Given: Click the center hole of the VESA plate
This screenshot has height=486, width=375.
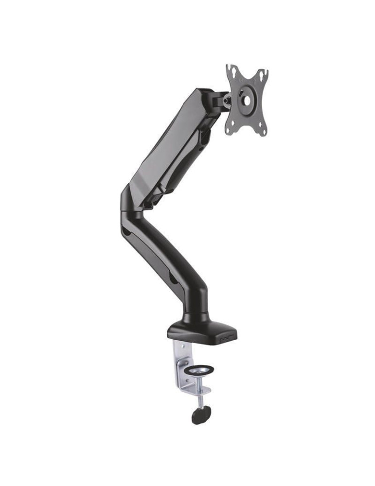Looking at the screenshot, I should pyautogui.click(x=247, y=101).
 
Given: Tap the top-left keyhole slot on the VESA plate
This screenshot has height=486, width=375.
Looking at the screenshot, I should pyautogui.click(x=233, y=73).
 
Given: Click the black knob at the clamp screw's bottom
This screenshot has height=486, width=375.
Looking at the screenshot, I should pyautogui.click(x=200, y=416).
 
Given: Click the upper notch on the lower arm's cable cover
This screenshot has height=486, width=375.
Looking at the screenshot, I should pyautogui.click(x=127, y=232).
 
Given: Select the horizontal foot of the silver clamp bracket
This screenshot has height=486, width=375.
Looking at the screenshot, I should pyautogui.click(x=200, y=389).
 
